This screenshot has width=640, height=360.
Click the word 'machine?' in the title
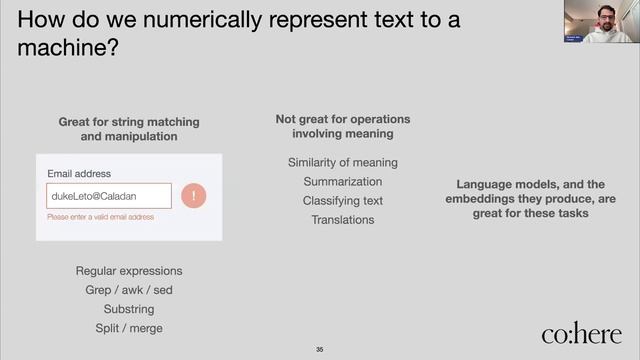pos(69,47)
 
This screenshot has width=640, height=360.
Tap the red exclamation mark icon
pos(193,196)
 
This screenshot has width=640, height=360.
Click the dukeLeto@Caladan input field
pos(109,196)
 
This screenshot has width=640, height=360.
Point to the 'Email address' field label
pos(79,174)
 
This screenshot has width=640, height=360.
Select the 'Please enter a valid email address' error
pos(100,217)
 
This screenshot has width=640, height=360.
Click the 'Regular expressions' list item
pos(129,271)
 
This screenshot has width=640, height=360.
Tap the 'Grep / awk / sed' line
pos(129,290)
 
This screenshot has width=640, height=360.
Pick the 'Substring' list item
pos(129,309)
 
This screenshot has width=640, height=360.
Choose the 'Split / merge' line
pos(129,328)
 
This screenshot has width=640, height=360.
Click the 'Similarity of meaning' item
pos(343,163)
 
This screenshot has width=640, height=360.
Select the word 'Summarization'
pos(343,182)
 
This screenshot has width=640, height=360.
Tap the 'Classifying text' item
pos(343,201)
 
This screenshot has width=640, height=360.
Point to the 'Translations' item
pos(343,220)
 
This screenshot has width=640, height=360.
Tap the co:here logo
pos(581,334)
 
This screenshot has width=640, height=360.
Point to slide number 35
pos(320,349)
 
